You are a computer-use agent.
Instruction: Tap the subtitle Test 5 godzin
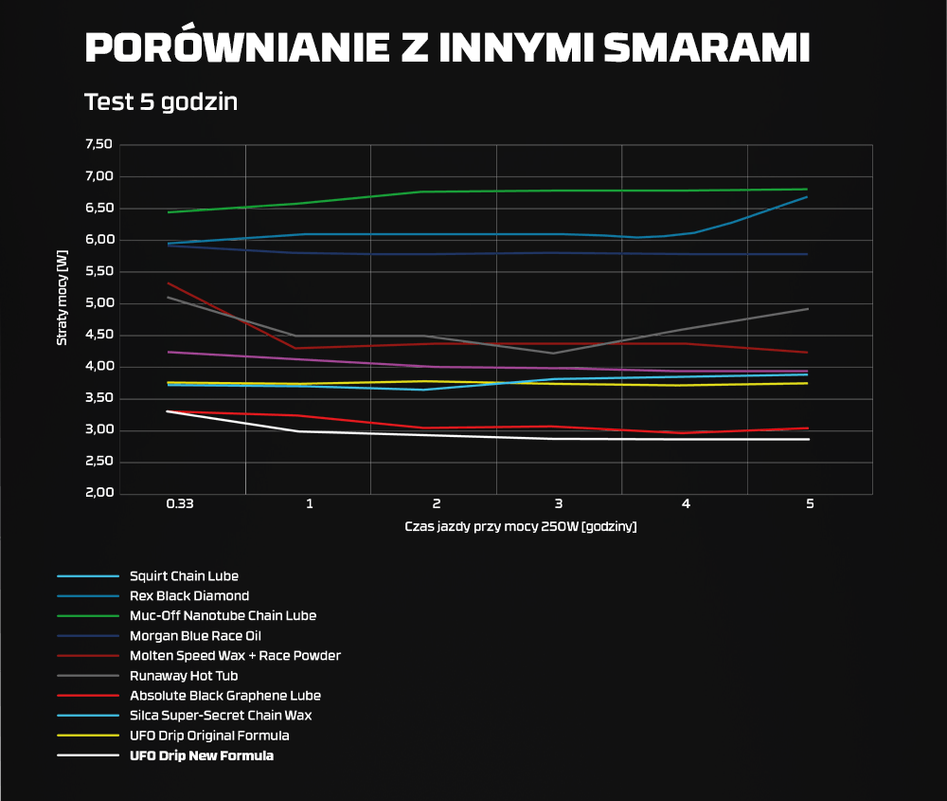click(x=161, y=101)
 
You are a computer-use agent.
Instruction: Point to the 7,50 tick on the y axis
click(x=98, y=145)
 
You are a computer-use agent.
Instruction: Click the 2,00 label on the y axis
click(x=98, y=494)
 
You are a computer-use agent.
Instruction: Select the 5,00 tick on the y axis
click(x=98, y=303)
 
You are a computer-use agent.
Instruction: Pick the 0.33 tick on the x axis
click(x=180, y=504)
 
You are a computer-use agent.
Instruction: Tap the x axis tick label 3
click(x=559, y=504)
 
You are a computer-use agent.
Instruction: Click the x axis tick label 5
click(x=810, y=504)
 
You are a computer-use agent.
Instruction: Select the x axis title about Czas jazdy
click(x=520, y=526)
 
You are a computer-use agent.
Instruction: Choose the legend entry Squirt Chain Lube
click(x=184, y=576)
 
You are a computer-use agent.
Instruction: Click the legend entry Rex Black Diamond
click(x=189, y=596)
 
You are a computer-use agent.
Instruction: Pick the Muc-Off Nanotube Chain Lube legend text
click(x=223, y=616)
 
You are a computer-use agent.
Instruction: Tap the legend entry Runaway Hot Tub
click(x=184, y=676)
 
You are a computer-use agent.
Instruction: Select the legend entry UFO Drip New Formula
click(x=202, y=755)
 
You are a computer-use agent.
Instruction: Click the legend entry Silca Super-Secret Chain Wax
click(x=221, y=716)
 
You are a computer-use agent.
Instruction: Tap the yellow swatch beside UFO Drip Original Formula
click(x=88, y=736)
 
